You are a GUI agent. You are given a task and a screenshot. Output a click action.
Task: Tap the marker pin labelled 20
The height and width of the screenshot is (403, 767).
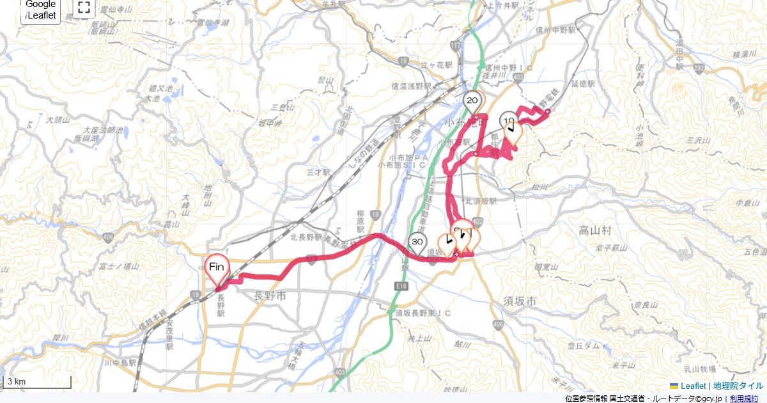pos(472,101)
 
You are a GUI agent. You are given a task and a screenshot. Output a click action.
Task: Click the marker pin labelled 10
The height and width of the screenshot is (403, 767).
pos(509,121)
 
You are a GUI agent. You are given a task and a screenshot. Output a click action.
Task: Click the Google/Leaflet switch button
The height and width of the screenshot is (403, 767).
pos(41,10)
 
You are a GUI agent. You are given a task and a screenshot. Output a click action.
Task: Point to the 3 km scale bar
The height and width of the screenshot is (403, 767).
pos(36,383)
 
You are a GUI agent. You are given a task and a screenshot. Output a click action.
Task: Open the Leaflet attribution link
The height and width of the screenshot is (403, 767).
pos(693,386)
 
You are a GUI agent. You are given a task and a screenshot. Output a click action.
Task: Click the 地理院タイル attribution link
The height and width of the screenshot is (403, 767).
pos(738,386)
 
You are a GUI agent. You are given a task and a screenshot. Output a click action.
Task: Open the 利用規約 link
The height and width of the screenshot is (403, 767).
pos(744,399)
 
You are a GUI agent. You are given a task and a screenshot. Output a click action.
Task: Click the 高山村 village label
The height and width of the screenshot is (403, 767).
pos(595,230)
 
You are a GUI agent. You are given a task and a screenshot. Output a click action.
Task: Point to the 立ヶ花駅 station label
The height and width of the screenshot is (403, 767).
pos(437,65)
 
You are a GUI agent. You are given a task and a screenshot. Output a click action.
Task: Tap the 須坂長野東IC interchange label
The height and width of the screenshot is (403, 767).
pos(422,313)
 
